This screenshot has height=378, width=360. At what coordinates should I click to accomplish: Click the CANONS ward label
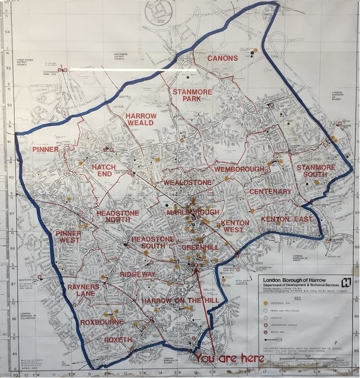223,59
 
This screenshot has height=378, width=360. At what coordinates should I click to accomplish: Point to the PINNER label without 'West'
46,149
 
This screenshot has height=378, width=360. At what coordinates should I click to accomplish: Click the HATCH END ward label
104,172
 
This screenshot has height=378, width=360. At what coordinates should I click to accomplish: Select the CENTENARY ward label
270,192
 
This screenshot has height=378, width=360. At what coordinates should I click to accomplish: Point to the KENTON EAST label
286,219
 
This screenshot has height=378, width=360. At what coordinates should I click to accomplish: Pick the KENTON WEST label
233,226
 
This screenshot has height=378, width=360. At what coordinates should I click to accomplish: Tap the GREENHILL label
200,248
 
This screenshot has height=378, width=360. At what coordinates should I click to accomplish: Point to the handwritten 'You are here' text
230,358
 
